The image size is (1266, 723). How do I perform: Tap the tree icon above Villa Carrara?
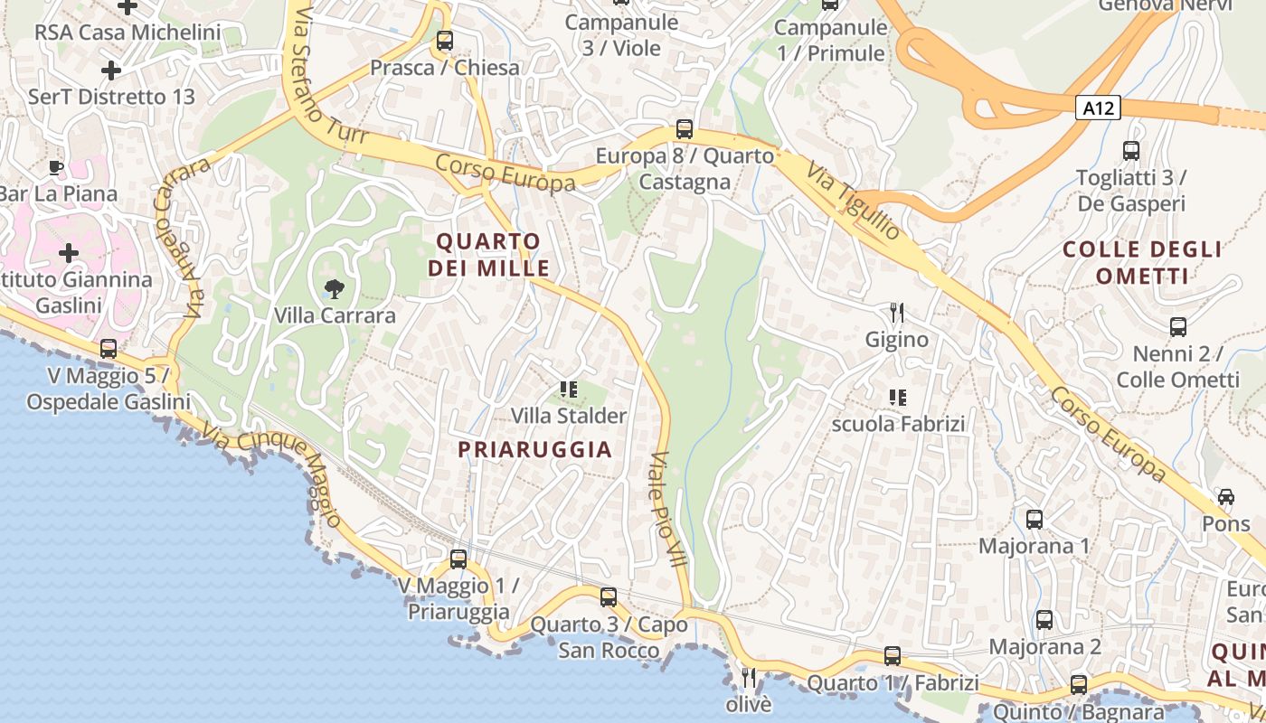coord(335,289)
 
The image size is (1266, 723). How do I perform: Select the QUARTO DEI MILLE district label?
coord(488,255)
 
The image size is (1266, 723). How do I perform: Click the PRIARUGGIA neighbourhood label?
coord(535,449)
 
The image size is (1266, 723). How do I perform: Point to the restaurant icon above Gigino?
coord(897,314)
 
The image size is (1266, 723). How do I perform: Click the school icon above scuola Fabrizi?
coord(897,397)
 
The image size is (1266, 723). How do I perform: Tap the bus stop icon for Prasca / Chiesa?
coord(444,41)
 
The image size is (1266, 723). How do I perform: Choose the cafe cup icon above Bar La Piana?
coord(56,167)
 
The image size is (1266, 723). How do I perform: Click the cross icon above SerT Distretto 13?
coord(111,70)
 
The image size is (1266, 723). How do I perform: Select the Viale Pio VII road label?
coord(668,509)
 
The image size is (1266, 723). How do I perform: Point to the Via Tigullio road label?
coord(854,202)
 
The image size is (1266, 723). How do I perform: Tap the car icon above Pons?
coord(1226,497)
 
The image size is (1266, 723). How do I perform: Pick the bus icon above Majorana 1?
coord(1035,520)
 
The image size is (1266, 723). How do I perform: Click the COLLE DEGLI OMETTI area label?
coord(1143,262)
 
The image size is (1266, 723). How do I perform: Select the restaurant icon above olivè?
coord(749,677)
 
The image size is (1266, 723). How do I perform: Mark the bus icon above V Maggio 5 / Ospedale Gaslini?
coord(109,348)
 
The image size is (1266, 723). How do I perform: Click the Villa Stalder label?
coord(569,416)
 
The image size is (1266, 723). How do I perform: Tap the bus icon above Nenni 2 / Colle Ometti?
coord(1177,327)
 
